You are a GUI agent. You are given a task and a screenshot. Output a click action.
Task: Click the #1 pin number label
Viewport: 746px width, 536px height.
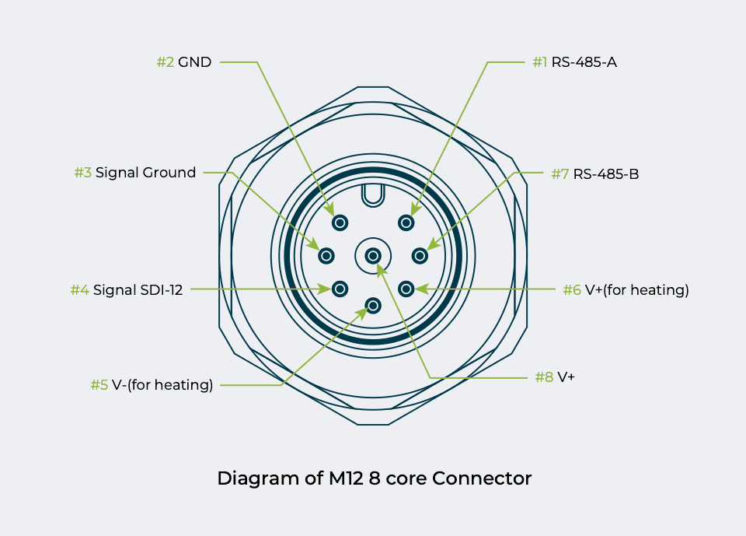(540, 62)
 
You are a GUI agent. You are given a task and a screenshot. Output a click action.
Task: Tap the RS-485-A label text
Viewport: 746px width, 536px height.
(584, 62)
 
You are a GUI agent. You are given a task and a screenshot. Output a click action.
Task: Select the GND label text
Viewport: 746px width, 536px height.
(194, 62)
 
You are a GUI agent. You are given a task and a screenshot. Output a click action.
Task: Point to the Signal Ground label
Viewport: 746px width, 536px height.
(145, 173)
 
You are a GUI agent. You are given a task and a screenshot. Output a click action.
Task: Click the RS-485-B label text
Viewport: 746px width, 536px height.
(606, 174)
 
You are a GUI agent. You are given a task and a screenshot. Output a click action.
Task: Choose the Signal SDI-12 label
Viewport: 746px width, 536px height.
(138, 290)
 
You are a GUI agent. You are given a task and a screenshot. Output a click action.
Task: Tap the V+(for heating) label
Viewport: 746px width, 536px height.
(637, 290)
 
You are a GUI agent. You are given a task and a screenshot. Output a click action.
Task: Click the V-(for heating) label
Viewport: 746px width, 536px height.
(162, 384)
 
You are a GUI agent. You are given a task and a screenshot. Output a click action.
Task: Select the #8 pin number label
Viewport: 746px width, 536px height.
(544, 377)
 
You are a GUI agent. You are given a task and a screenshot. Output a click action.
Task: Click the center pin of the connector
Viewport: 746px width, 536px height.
(373, 255)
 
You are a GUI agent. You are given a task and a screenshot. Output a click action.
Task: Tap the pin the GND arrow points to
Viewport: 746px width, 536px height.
(340, 223)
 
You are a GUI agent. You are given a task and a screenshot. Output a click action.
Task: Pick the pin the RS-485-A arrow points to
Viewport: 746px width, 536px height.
(406, 223)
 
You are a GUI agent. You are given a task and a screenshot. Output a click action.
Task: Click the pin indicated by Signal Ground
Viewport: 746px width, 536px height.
(326, 255)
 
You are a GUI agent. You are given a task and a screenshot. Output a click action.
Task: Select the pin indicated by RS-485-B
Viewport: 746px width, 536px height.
(420, 255)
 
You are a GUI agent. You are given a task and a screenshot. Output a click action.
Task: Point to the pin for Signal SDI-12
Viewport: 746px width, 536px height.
(340, 289)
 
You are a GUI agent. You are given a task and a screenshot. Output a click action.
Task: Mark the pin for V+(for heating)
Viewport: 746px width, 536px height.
(406, 289)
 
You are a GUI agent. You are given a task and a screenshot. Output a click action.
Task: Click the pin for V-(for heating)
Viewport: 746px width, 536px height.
(373, 306)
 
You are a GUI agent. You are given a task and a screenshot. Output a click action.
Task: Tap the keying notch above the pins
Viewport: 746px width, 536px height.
(373, 194)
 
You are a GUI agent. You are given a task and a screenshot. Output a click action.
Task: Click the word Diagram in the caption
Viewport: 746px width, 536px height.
(253, 478)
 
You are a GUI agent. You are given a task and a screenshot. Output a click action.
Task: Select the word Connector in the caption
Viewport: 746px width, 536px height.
(482, 478)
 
